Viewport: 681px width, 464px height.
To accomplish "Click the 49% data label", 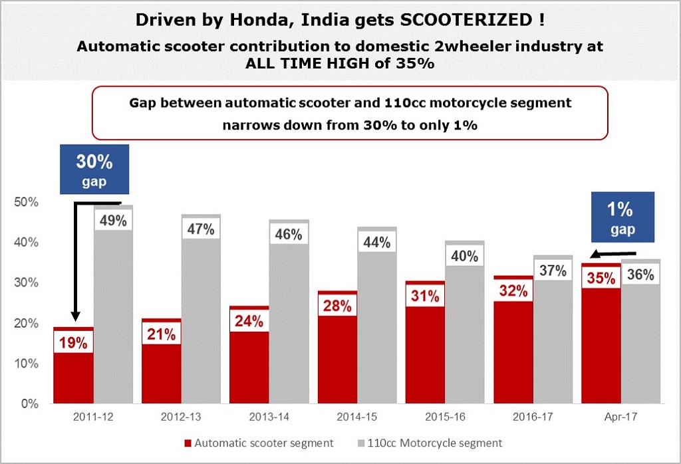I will click(113, 221).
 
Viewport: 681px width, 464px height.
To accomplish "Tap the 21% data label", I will click(162, 333).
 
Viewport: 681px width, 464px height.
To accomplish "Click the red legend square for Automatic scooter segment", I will click(188, 443).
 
